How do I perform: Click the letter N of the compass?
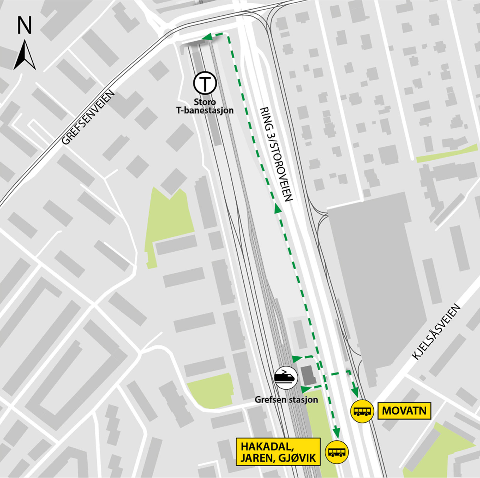click(25, 25)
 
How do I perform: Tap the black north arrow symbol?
click(25, 56)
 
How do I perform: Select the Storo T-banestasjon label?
click(205, 106)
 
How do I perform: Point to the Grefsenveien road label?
click(88, 117)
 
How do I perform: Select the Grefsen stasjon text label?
click(286, 399)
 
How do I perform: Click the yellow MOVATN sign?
click(404, 411)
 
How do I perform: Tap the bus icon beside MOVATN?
click(362, 411)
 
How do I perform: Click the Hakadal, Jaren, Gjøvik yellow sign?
click(278, 451)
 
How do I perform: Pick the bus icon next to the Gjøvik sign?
click(337, 452)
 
